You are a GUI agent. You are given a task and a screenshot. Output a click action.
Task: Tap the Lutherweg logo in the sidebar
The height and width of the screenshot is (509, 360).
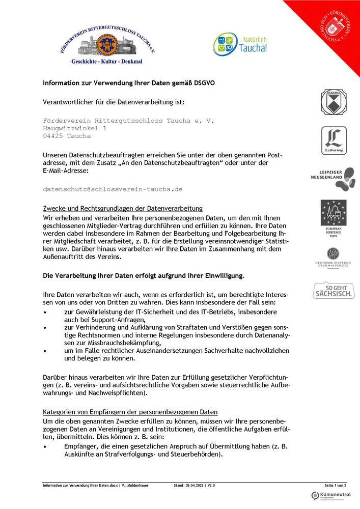tap(334, 140)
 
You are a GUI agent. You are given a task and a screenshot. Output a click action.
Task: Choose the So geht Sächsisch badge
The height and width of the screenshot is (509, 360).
tap(334, 290)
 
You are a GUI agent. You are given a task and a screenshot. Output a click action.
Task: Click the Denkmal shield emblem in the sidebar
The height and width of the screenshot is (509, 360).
tap(334, 102)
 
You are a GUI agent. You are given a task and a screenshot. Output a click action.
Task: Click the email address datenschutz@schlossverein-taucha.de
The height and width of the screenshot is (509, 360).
tap(113, 189)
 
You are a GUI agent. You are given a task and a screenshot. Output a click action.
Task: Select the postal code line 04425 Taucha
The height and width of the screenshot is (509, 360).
tap(67, 136)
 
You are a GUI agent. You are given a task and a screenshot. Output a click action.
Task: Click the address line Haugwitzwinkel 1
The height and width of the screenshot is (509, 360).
tap(75, 129)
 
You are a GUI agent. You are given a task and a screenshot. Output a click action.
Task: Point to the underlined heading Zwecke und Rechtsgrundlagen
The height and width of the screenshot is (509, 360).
tap(122, 208)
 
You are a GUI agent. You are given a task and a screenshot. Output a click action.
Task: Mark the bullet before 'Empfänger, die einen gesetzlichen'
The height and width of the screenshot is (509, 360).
tap(45, 446)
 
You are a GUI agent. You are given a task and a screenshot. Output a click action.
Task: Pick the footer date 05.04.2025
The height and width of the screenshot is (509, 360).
tap(195, 486)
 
